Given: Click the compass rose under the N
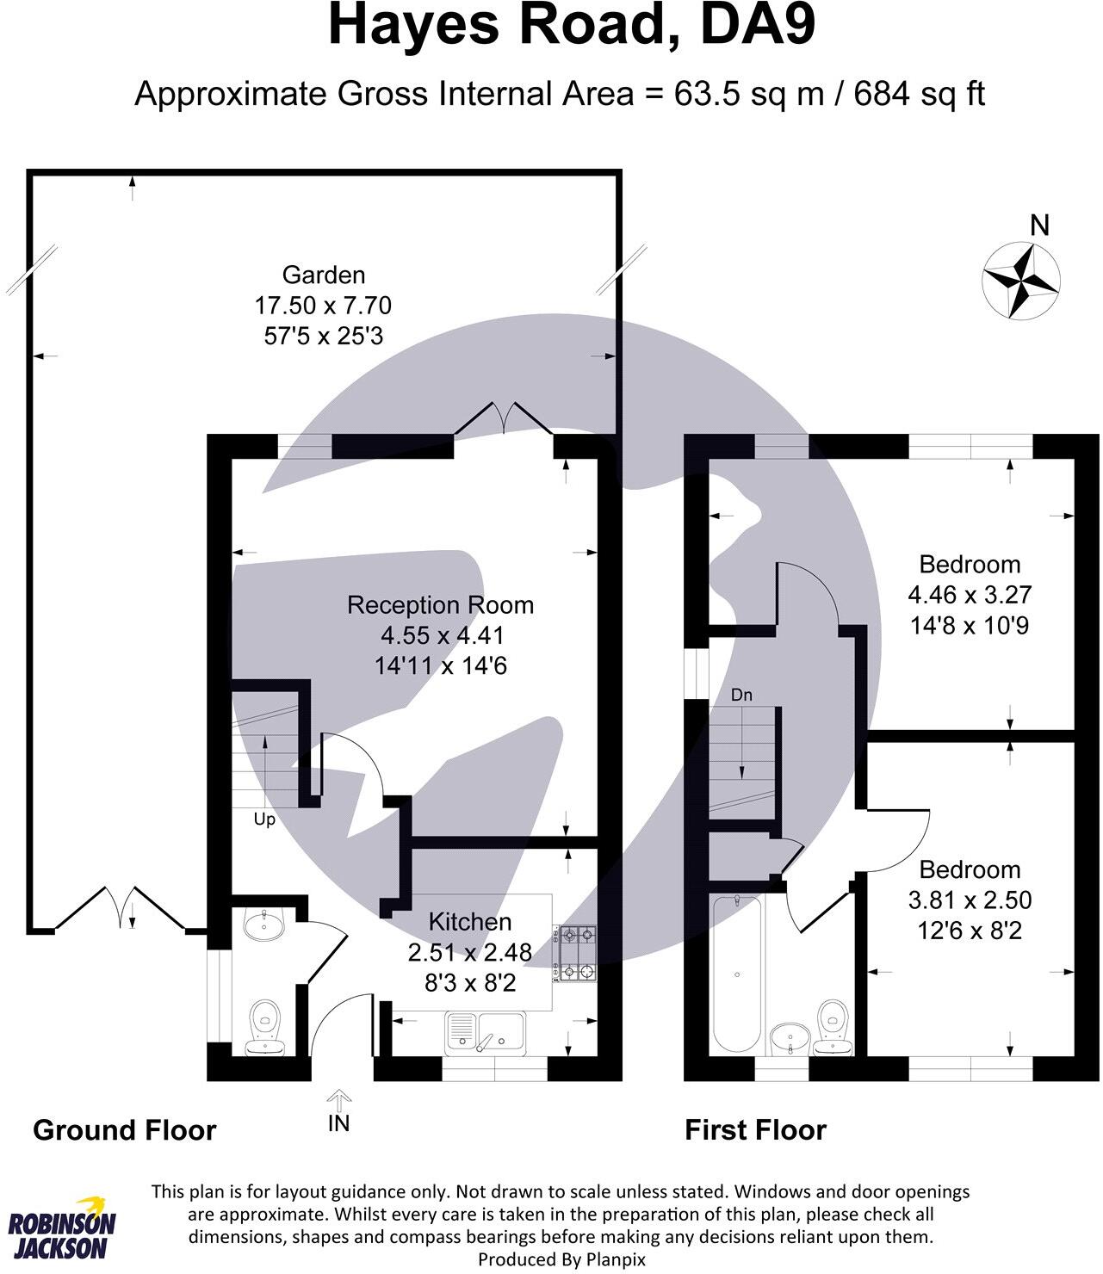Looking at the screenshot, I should pos(1021,280).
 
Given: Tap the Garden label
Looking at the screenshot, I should pos(324,275).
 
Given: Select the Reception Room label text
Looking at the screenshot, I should pos(440,605).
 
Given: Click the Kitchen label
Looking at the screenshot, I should pos(469,922).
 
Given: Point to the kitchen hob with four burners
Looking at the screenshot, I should pos(575,953).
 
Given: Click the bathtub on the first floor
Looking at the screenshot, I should pos(736,973).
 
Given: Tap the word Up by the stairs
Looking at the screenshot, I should pos(264,819).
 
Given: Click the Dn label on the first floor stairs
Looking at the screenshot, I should pos(741,695).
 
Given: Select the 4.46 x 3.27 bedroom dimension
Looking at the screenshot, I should pos(970,595).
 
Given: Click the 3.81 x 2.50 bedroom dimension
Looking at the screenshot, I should pos(970,900).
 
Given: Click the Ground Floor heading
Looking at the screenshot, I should pos(124,1130).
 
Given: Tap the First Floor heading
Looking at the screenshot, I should pos(755,1130).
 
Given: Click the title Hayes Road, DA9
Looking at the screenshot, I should pos(571,27).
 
